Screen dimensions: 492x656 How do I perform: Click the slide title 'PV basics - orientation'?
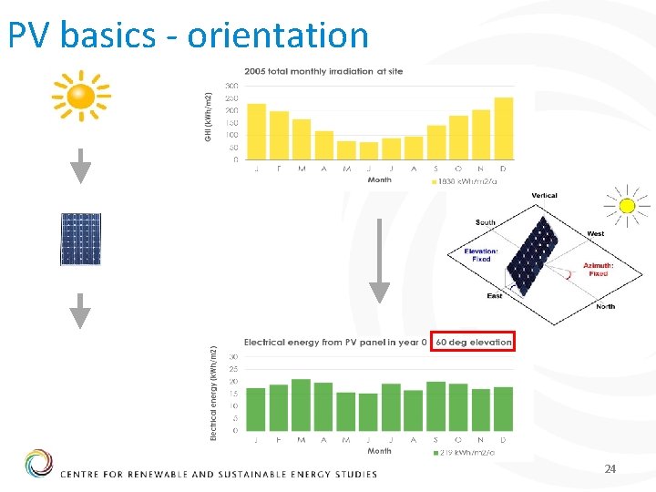(x=188, y=35)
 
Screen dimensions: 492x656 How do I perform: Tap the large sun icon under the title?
(x=81, y=94)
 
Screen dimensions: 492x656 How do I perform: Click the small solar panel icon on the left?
(x=80, y=239)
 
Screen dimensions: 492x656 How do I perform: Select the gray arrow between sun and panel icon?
(x=81, y=166)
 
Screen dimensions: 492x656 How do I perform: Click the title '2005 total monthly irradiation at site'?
(x=323, y=72)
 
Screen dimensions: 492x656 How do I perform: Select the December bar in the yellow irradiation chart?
(x=504, y=128)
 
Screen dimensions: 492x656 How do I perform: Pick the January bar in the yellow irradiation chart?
(x=257, y=131)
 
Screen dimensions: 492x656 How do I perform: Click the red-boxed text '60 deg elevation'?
(x=474, y=343)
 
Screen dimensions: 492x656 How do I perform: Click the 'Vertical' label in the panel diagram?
(x=544, y=195)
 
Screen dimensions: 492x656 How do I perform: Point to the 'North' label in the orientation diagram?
(x=605, y=306)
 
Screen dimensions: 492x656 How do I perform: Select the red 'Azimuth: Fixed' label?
(x=598, y=269)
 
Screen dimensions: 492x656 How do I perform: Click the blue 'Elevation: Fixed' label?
(x=480, y=255)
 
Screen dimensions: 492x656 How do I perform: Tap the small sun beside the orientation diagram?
(x=626, y=205)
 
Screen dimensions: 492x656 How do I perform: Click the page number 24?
(x=610, y=468)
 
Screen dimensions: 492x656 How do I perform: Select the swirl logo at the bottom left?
(x=39, y=464)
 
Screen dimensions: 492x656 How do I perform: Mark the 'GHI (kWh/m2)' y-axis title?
(x=209, y=116)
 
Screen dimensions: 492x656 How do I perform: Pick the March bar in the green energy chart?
(x=301, y=405)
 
